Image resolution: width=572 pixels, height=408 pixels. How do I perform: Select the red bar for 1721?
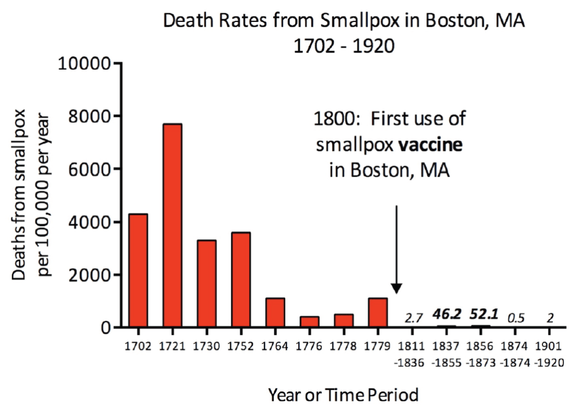172,226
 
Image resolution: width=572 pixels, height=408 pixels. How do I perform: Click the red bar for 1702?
138,270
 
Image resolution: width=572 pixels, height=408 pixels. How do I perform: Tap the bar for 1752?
241,280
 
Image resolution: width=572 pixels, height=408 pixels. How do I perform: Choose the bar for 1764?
275,313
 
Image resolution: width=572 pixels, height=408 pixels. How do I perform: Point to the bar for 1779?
378,313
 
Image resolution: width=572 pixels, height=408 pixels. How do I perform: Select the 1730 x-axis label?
206,348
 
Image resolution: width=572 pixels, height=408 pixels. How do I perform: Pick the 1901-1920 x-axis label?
548,355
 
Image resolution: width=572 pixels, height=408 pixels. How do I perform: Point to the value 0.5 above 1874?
515,318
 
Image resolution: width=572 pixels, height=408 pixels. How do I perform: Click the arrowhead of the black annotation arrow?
397,288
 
